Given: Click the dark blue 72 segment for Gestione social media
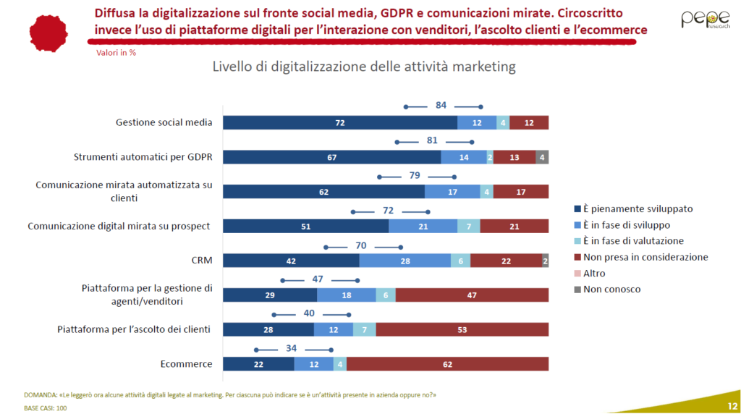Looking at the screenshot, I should point(340,122).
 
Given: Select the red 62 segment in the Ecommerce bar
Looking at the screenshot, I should point(447,364).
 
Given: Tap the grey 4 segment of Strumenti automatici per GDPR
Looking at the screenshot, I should point(542,157).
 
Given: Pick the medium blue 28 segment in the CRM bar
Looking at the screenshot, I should point(405,261).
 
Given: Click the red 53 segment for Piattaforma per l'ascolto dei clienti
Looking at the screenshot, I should point(462,329).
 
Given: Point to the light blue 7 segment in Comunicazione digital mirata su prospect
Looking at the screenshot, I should point(468,226).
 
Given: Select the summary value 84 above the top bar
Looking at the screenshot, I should point(441,106).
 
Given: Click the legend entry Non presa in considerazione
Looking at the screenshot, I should point(645,257).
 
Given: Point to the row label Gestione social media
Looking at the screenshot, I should point(164,122).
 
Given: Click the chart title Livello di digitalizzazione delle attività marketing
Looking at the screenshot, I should point(363,67).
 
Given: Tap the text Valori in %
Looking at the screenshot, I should point(116,53).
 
